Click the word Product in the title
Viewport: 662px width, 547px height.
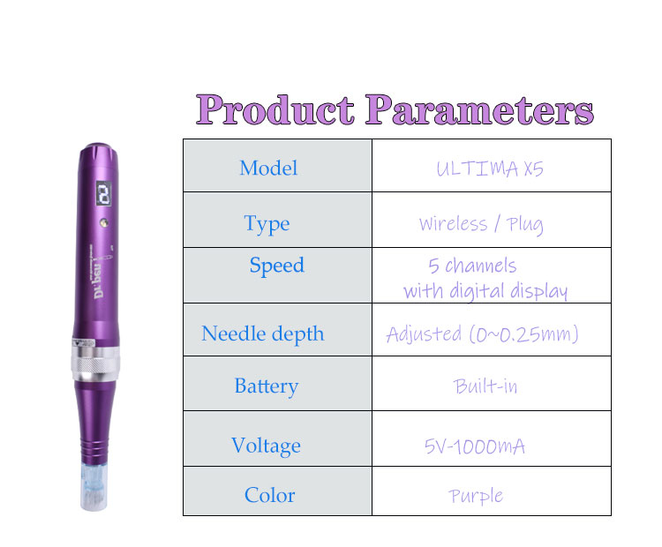[x=275, y=109]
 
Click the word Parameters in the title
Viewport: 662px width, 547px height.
[x=479, y=109]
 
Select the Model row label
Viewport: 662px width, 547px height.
[x=268, y=168]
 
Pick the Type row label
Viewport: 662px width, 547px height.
[x=267, y=224]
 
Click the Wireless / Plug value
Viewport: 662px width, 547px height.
[x=481, y=225]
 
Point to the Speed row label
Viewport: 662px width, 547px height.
[x=277, y=266]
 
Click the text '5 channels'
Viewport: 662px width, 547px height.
[x=472, y=266]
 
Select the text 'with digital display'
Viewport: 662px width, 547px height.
[x=485, y=291]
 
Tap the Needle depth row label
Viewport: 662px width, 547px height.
[x=263, y=334]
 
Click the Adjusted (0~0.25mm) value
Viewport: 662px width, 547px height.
[x=482, y=334]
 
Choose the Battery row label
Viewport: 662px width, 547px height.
[x=267, y=386]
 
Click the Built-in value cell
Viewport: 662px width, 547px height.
[x=485, y=386]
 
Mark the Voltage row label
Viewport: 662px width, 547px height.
[x=266, y=446]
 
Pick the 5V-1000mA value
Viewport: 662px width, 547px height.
[x=475, y=446]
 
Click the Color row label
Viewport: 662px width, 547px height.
[x=270, y=495]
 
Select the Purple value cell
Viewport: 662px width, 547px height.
[x=476, y=497]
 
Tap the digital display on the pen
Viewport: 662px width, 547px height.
[x=104, y=193]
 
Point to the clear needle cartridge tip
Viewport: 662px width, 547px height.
[x=94, y=487]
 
